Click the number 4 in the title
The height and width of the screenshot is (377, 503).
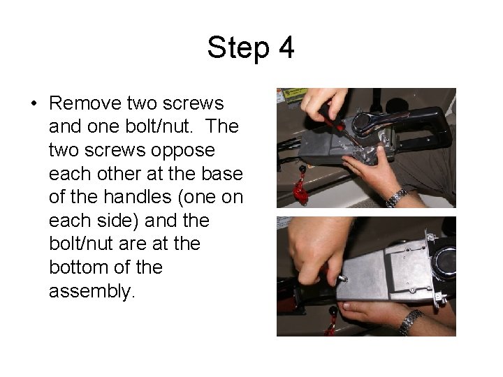coord(286,47)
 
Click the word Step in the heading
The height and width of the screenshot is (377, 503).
coord(238,48)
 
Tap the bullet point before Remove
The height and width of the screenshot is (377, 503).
coord(34,103)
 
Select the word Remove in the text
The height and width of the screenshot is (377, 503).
coord(85,103)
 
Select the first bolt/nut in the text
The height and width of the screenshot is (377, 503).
coord(159,126)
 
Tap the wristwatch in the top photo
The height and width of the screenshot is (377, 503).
coord(397,198)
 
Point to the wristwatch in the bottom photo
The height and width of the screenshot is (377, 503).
coord(409,322)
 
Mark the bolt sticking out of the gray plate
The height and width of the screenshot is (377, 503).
coord(342,279)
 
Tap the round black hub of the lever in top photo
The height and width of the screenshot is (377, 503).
coord(363,122)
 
